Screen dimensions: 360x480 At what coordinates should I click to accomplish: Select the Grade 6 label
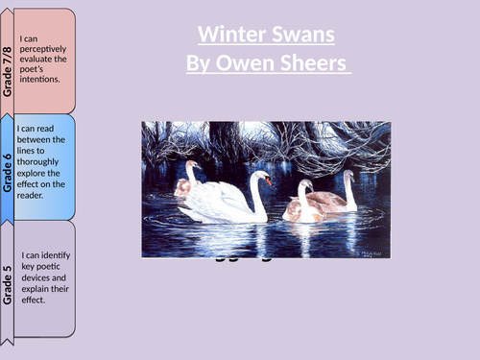click(x=9, y=171)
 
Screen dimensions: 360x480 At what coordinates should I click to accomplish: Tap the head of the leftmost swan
click(x=190, y=167)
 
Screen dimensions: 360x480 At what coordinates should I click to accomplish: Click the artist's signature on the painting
click(x=370, y=248)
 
